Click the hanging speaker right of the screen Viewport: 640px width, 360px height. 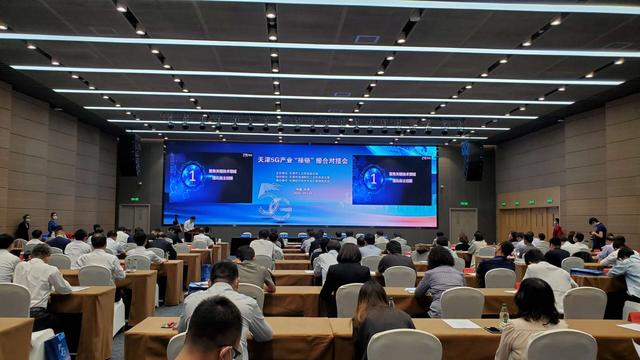(x=472, y=160)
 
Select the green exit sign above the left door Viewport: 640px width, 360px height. (x=134, y=198)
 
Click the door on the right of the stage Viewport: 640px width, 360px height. (x=463, y=223)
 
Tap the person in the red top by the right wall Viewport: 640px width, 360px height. (x=558, y=229)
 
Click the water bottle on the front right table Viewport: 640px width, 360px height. (x=504, y=316)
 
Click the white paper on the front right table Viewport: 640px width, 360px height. (x=460, y=324)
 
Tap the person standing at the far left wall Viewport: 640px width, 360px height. (x=24, y=227)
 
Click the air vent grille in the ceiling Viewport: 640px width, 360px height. (x=367, y=39)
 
